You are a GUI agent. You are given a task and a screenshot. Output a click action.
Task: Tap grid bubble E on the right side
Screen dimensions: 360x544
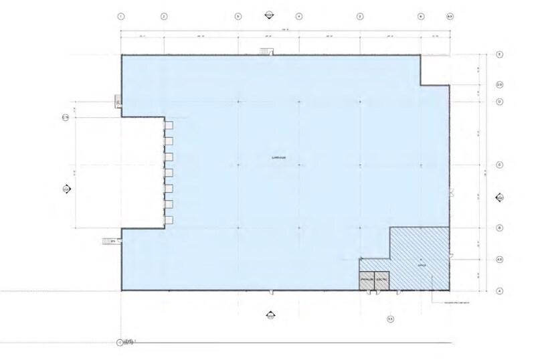(499, 54)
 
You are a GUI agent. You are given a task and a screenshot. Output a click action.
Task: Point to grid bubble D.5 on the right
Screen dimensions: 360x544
(499, 85)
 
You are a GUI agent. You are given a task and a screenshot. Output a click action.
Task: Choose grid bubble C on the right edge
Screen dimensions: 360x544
(499, 165)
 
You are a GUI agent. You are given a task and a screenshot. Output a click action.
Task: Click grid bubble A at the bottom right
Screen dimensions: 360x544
(499, 290)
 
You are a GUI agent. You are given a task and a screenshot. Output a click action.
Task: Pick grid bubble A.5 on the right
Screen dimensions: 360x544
(499, 259)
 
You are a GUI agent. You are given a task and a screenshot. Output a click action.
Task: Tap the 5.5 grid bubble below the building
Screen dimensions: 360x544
(390, 319)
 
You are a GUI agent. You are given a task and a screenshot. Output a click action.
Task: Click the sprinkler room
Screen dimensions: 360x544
(367, 282)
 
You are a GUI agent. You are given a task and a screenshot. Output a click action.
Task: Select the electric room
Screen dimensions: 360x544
(381, 282)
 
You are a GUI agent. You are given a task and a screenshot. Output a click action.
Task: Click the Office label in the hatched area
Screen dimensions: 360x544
(422, 265)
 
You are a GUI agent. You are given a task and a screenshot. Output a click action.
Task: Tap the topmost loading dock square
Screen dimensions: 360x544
(169, 125)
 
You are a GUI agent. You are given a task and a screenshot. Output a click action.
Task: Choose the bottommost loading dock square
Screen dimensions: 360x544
(169, 220)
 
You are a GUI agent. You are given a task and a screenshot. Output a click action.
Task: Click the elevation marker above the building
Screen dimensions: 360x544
(268, 15)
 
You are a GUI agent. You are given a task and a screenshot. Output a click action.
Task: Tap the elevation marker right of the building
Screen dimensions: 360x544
(499, 197)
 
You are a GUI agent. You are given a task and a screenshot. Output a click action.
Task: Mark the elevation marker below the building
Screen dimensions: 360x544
(270, 316)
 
